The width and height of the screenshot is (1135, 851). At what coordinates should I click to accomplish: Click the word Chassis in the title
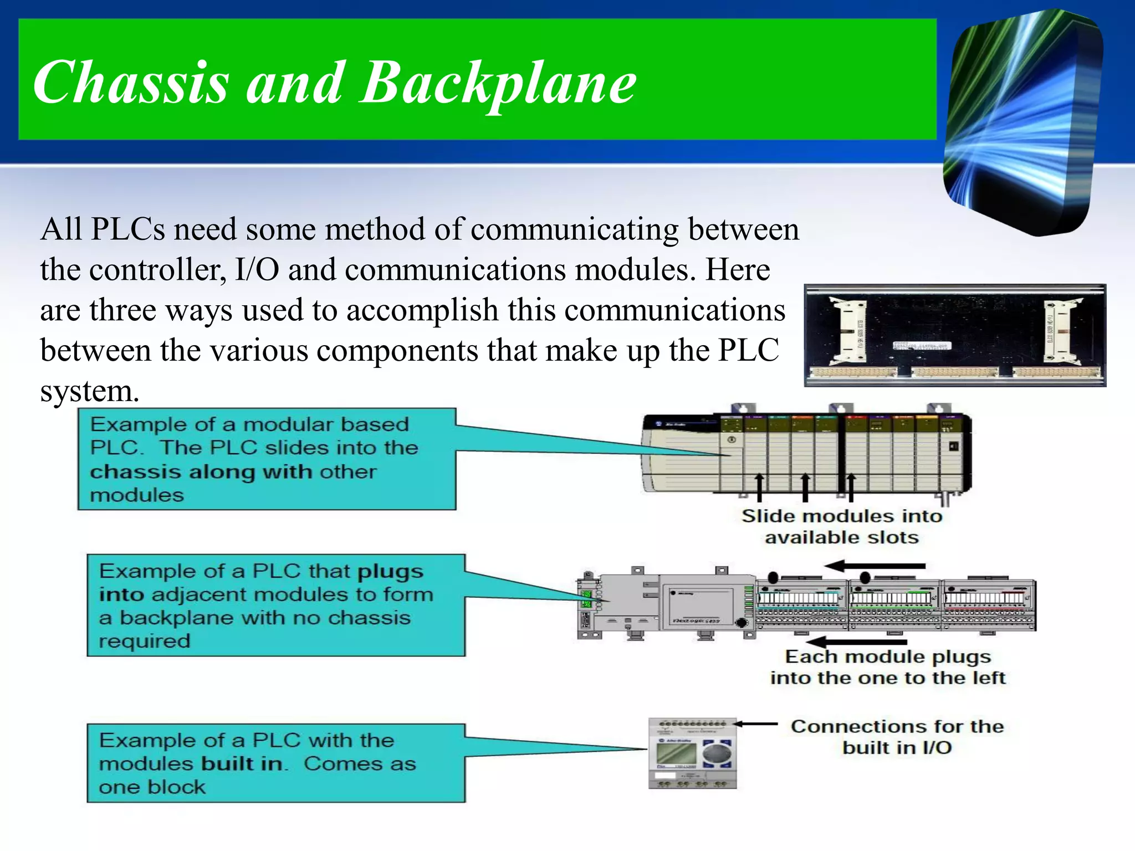(131, 83)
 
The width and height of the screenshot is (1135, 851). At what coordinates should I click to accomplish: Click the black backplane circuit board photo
(954, 335)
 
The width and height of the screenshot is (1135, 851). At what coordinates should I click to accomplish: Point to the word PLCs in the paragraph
(127, 229)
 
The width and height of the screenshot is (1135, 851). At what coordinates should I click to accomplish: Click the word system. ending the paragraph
(89, 391)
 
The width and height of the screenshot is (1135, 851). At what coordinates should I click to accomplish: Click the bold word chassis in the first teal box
(136, 472)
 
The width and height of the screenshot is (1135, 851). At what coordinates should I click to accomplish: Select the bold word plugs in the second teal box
(390, 571)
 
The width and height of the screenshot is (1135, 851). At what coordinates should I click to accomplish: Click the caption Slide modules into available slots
(841, 526)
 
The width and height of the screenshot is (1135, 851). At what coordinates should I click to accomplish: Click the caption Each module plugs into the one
(887, 667)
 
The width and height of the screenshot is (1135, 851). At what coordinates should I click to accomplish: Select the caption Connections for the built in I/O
(897, 736)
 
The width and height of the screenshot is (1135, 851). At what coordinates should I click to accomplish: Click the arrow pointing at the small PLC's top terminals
(756, 724)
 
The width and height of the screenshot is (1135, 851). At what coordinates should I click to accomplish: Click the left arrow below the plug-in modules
(856, 642)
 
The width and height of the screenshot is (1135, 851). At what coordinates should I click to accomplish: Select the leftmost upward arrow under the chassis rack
(759, 487)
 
